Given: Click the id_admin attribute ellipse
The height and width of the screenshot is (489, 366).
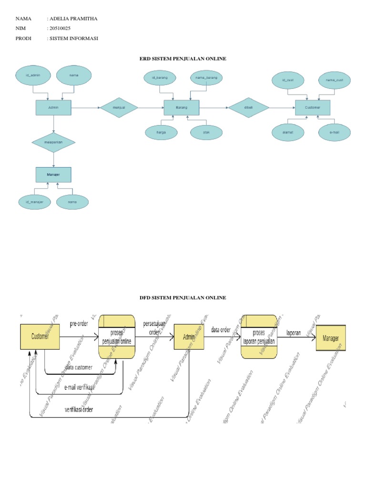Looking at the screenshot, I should [33, 75].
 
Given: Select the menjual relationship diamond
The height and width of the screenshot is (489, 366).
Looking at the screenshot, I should [119, 108].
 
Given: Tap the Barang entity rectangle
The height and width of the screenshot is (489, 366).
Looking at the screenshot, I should [182, 108].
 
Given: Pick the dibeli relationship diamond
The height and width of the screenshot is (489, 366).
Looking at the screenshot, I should [248, 108].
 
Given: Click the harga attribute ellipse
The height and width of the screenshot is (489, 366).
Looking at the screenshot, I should [161, 132].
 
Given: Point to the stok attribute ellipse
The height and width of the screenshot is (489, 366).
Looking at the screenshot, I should [206, 132].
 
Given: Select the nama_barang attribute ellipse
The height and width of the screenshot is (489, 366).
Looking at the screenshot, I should [206, 77].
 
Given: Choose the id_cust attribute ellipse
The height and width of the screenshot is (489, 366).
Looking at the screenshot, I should [287, 80].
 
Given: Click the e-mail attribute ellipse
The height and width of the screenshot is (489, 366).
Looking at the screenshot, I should [334, 132].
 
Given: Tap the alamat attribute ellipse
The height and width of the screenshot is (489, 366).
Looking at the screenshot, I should [287, 132].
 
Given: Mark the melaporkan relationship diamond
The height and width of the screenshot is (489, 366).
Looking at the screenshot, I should [54, 142].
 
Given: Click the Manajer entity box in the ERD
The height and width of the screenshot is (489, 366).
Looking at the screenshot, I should [53, 175].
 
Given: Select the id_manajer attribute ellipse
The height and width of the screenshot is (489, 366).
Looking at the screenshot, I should [34, 202].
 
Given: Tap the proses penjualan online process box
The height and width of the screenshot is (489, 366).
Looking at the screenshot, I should [117, 337].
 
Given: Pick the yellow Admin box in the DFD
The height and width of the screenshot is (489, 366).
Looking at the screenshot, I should [189, 337].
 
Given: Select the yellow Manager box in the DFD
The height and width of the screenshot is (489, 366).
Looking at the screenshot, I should [331, 337].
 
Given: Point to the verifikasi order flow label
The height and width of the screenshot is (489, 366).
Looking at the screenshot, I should [79, 410].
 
